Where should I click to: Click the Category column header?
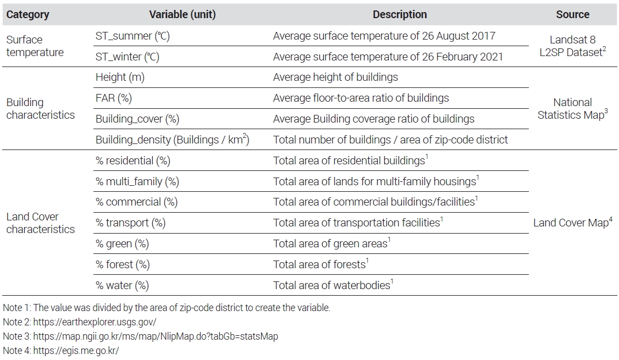[27, 15]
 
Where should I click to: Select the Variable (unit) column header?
[183, 15]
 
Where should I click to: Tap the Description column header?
[400, 15]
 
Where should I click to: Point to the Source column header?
[572, 15]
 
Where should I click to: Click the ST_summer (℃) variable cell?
[132, 36]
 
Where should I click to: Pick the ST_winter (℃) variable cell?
[128, 57]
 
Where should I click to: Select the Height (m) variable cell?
[120, 77]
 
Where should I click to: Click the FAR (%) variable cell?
[114, 98]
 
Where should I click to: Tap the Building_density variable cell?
[172, 140]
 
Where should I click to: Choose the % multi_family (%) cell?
[137, 181]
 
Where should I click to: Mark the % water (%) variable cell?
[123, 285]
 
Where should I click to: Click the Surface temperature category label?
[35, 46]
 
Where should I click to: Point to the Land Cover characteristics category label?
[40, 223]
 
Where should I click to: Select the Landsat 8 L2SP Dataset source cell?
[572, 46]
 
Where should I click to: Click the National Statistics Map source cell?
[572, 109]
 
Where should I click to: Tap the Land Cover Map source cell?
[572, 223]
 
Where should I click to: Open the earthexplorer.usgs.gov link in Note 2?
[95, 322]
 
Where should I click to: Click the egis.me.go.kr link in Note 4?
[76, 351]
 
